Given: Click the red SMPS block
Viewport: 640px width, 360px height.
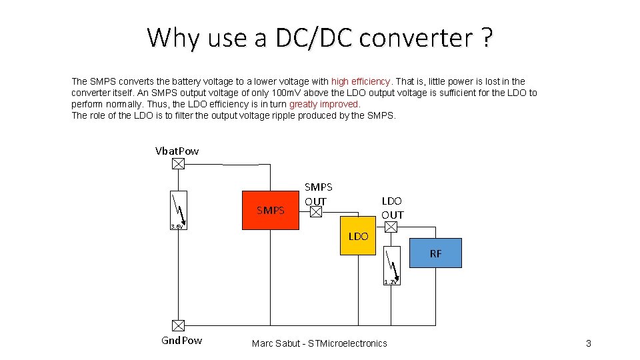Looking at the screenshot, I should point(271,211).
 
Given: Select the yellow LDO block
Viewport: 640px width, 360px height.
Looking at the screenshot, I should point(358,236).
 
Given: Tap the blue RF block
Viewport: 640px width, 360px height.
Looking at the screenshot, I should point(435,253).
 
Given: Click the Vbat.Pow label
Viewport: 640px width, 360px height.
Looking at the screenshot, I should point(177,151).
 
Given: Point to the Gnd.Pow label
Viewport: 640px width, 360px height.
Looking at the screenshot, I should point(182,341).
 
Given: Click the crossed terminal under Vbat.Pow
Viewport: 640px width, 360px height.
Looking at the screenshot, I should point(178,164).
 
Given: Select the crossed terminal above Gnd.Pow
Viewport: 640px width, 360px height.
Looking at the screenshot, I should point(178,325).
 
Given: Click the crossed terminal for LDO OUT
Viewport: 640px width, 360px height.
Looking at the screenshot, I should point(391,227).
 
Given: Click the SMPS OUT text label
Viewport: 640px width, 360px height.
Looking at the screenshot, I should point(318,194).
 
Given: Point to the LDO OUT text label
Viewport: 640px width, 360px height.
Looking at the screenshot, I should point(392,207).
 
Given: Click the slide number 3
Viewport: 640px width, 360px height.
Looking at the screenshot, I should point(588,343).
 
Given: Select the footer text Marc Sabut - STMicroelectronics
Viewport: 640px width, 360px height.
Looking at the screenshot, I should point(319,343).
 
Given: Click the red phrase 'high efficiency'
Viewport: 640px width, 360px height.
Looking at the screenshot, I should point(361,81).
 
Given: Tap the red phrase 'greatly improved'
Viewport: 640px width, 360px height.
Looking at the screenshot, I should point(325,104).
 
